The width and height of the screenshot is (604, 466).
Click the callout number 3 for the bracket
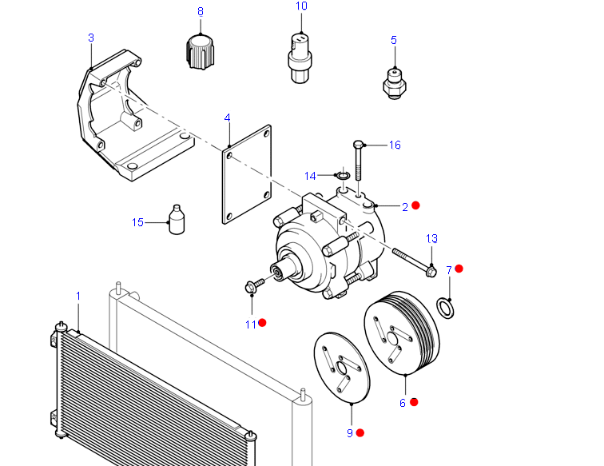point(90,38)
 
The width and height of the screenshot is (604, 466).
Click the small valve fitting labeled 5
point(393,82)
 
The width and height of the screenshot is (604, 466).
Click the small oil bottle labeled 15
point(179,221)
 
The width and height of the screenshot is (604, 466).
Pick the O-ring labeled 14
point(343,175)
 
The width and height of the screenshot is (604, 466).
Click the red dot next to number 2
point(415,205)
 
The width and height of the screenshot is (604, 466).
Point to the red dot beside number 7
point(459,269)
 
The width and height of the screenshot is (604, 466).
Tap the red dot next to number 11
point(262,323)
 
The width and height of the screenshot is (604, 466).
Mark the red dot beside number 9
point(360,432)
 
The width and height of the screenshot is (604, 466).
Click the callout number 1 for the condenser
point(78,297)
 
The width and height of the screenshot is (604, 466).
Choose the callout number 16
point(395,145)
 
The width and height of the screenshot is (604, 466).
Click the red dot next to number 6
point(414,402)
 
